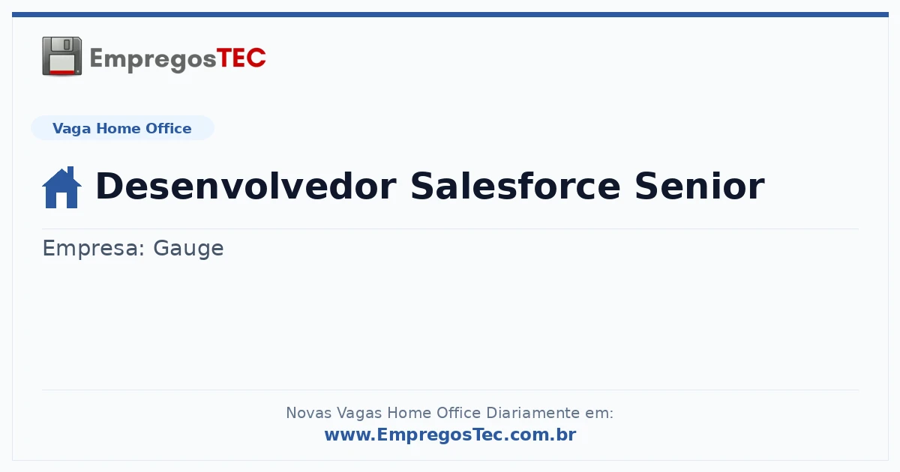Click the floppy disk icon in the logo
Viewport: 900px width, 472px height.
coord(61,56)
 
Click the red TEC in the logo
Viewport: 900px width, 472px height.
coord(241,58)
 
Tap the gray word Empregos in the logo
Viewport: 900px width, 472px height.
coord(153,59)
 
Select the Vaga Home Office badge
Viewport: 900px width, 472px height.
coord(122,128)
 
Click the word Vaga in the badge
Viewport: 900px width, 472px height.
coord(71,129)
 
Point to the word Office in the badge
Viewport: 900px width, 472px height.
coord(168,128)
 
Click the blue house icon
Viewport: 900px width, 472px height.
coord(61,187)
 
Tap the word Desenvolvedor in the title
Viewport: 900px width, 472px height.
coord(246,186)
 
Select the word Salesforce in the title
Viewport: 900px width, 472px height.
coord(515,186)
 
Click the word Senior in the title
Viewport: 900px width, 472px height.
coord(700,186)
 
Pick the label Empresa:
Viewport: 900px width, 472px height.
coord(93,248)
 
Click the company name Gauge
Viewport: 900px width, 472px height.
coord(188,249)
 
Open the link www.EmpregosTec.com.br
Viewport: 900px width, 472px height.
coord(450,435)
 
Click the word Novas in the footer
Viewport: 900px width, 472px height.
coord(308,413)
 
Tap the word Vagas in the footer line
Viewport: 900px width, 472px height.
coord(358,414)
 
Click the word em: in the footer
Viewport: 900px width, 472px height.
coord(599,414)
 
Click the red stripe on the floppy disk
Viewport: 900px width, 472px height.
coord(62,72)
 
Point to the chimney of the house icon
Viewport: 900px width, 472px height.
coord(71,172)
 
